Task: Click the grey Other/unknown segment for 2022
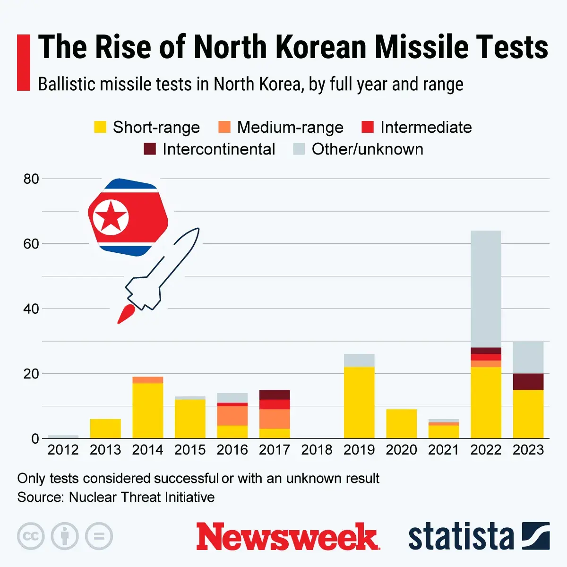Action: [x=486, y=288]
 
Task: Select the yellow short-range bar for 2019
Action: [x=359, y=402]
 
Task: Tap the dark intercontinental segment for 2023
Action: [x=528, y=381]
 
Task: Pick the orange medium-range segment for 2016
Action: [x=232, y=415]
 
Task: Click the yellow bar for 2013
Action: [x=105, y=429]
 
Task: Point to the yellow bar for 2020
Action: [x=401, y=424]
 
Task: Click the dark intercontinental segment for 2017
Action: [x=275, y=395]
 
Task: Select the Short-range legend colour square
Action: [x=100, y=127]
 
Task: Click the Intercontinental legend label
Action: [x=218, y=149]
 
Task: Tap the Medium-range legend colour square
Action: [x=224, y=127]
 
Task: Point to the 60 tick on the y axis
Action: [x=31, y=244]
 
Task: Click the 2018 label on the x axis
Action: [x=317, y=450]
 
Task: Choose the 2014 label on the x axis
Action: [x=147, y=450]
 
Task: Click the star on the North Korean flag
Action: [x=110, y=217]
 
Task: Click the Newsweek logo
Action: [x=288, y=537]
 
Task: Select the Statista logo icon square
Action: [x=536, y=536]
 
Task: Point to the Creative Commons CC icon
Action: [x=31, y=536]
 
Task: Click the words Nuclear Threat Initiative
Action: [x=142, y=497]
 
